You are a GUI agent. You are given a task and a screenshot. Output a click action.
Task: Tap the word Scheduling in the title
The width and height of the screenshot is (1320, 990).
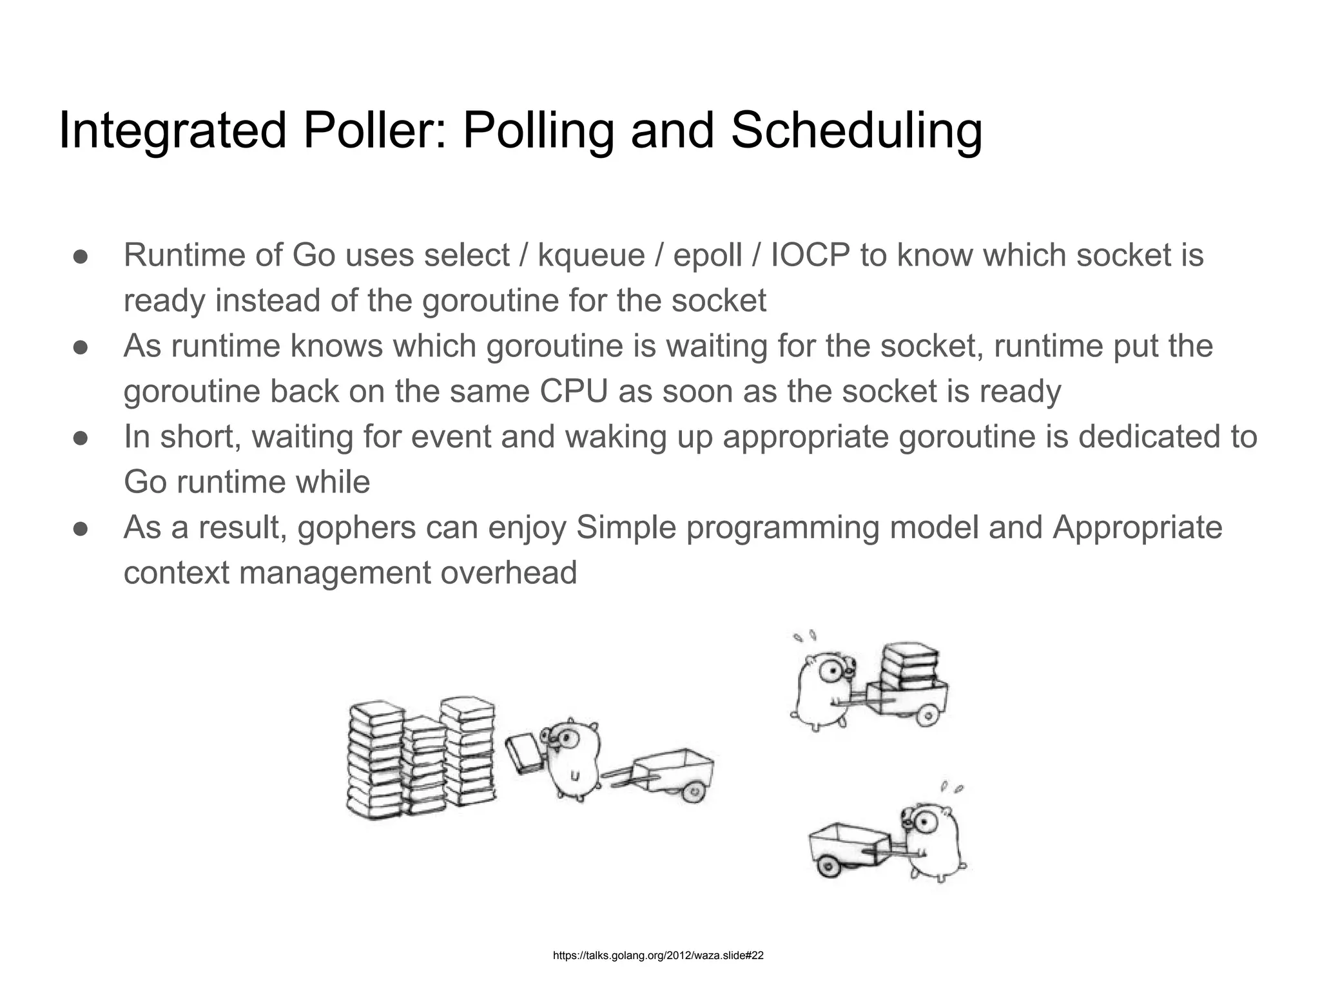[857, 131]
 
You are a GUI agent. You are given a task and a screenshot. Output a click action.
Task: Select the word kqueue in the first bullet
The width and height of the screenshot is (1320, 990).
[591, 255]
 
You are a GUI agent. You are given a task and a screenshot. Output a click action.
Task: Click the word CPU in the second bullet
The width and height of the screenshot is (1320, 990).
[574, 391]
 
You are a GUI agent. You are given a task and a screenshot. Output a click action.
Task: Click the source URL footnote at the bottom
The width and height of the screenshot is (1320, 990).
[658, 955]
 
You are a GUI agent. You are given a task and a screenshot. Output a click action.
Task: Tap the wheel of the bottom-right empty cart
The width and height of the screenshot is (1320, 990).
[828, 868]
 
